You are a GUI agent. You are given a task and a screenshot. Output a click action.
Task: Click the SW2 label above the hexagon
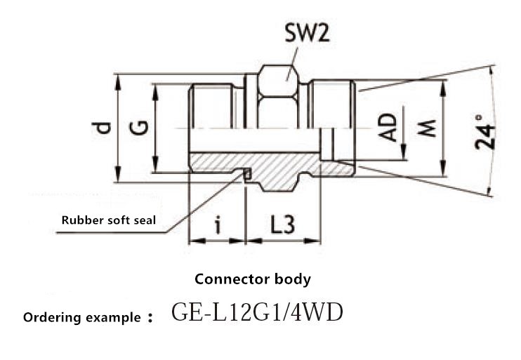308,33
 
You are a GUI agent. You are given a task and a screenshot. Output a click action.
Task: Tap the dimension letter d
101,128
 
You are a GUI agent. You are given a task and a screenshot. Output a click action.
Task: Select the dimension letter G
139,128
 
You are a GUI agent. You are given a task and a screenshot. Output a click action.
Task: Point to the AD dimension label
388,127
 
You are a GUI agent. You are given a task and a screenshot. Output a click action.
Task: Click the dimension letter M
427,128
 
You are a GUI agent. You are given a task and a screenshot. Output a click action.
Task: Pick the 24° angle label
484,132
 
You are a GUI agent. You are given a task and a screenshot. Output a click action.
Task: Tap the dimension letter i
218,225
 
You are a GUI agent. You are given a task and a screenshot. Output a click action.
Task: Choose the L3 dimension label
282,225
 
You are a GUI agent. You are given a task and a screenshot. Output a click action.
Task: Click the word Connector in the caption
232,279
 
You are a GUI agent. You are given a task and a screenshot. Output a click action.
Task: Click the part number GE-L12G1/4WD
257,313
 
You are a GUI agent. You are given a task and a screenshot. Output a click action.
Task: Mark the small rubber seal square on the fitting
247,173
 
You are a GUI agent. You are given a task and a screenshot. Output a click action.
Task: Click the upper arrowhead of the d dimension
117,82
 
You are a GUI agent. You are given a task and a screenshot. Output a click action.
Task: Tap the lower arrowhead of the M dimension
442,168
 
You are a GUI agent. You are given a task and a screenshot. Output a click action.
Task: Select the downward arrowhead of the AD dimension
403,152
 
